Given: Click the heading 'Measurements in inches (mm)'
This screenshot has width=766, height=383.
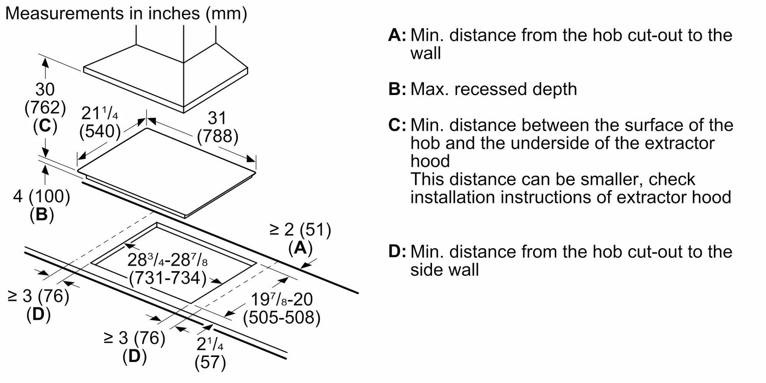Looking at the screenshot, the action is (126, 14).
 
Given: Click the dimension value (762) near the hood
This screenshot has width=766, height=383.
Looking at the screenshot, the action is (45, 108).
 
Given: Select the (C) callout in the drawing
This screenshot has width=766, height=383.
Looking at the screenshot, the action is (45, 126).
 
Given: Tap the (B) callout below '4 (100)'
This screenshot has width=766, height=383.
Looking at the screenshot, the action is (42, 215).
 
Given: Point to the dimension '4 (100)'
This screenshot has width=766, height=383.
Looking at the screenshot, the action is (41, 197).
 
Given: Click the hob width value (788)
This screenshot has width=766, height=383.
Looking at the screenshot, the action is (218, 136).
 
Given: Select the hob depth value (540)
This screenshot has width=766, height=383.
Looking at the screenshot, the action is (100, 131).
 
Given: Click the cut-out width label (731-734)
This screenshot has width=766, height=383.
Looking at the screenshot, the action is (168, 278).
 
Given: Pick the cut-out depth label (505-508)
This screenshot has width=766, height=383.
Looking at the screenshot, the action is (282, 317).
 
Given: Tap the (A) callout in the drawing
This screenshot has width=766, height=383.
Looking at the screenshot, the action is (301, 248).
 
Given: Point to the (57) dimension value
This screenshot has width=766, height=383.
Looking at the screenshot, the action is (210, 363).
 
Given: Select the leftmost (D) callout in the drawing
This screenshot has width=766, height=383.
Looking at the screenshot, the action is (38, 314).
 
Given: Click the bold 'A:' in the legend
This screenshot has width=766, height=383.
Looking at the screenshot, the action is (397, 35).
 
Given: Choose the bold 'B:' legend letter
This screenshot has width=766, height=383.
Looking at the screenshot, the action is (397, 89).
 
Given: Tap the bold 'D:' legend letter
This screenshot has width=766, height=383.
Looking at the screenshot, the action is (397, 252).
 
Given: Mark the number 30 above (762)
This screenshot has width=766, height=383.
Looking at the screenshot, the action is (45, 89).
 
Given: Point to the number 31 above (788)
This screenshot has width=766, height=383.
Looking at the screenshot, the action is (217, 118).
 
